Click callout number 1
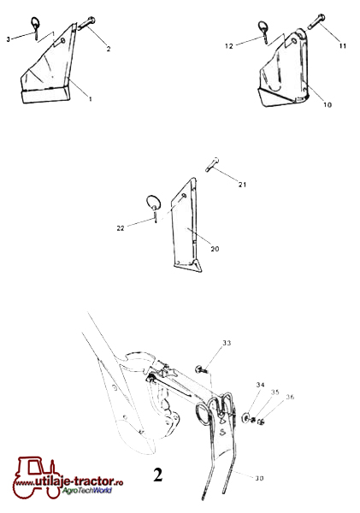pyautogui.click(x=91, y=98)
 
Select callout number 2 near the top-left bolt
pyautogui.click(x=109, y=49)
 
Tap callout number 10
pyautogui.click(x=328, y=104)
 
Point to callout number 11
pyautogui.click(x=342, y=46)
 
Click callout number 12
pyautogui.click(x=229, y=46)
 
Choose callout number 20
pyautogui.click(x=215, y=249)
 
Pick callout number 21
pyautogui.click(x=242, y=185)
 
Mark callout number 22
pyautogui.click(x=121, y=228)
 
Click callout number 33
pyautogui.click(x=227, y=343)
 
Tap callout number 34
pyautogui.click(x=261, y=385)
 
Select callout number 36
pyautogui.click(x=290, y=397)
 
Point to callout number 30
pyautogui.click(x=259, y=478)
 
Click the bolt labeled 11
pyautogui.click(x=316, y=21)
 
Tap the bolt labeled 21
pyautogui.click(x=212, y=164)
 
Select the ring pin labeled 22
pyautogui.click(x=153, y=208)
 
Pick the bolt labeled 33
pyautogui.click(x=202, y=369)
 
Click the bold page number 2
pyautogui.click(x=157, y=475)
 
